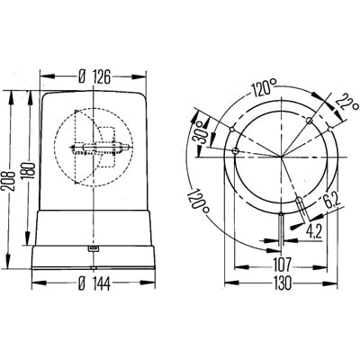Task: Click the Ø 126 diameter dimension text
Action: point(94,76)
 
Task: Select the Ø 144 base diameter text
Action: point(94,283)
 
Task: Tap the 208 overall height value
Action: point(10,182)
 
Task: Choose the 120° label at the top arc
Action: point(263,88)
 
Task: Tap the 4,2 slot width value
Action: point(313,231)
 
